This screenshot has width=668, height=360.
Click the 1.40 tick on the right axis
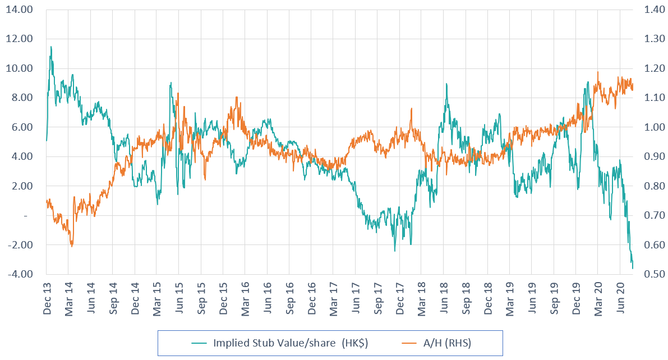pos(647,10)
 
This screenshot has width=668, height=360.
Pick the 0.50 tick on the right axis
pos(647,274)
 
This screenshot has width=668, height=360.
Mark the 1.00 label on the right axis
pos(647,127)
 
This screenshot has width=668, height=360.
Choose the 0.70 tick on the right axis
pos(647,215)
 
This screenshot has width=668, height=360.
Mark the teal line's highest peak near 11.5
pos(51,47)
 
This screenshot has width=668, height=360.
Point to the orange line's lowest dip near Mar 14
pos(72,246)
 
